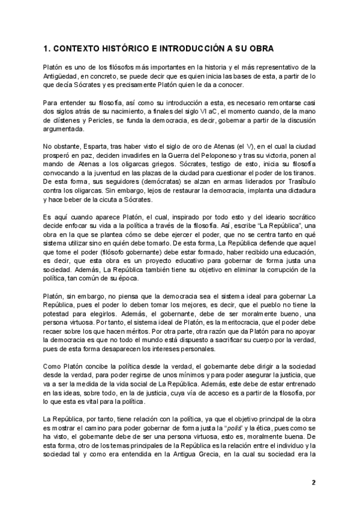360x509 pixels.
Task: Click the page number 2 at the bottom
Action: [x=313, y=482]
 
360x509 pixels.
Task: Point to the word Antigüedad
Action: [x=63, y=76]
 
